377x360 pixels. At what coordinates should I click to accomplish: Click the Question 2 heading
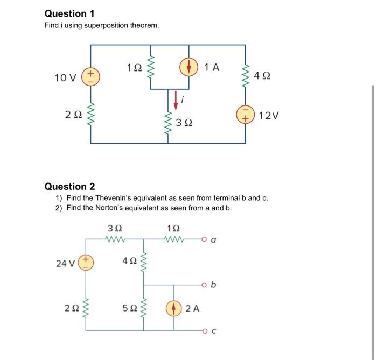pos(70,187)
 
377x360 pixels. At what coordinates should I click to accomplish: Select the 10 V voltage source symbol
pos(90,76)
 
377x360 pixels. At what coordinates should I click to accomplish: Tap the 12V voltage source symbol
pos(246,115)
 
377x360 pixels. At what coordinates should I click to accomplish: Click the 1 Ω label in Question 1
pos(135,68)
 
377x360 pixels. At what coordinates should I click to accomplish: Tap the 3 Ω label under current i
pos(185,124)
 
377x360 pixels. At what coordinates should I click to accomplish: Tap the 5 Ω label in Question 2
pos(129,308)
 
